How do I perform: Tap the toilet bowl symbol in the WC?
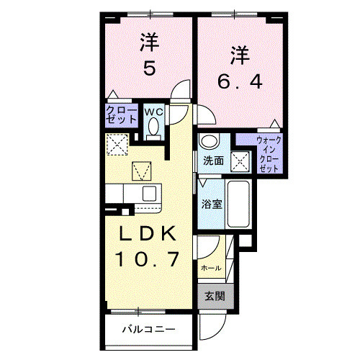coord(153,127)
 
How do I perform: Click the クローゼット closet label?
coord(118,116)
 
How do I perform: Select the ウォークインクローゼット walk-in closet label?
coord(269,153)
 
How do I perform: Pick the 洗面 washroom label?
coord(212,161)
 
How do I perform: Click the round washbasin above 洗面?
coord(209,141)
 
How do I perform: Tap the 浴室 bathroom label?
coord(212,204)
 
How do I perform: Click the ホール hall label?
coord(211,267)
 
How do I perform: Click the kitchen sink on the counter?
coord(150,193)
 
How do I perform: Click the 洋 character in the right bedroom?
coord(241,53)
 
